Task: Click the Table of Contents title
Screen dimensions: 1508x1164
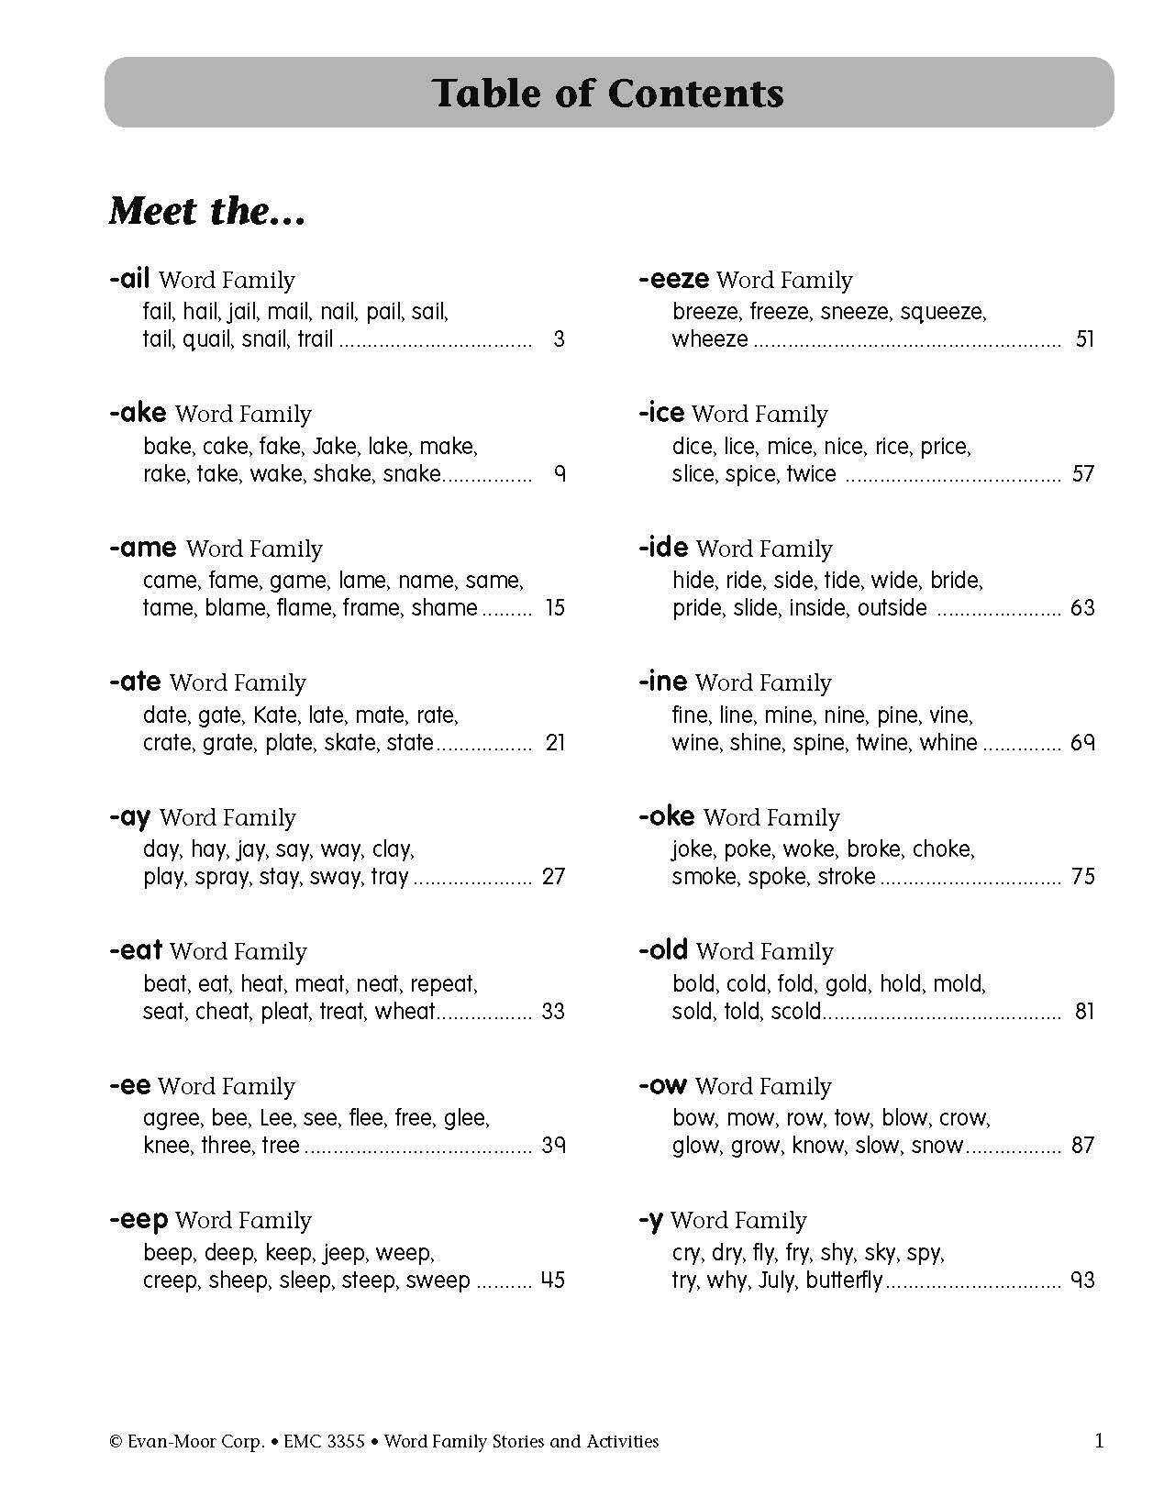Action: (x=608, y=93)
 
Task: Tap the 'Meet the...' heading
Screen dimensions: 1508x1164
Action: (x=206, y=211)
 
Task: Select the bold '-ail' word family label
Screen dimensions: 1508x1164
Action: (x=129, y=279)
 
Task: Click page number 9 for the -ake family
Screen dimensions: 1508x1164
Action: (x=559, y=474)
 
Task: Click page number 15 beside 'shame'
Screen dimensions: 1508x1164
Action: (x=555, y=608)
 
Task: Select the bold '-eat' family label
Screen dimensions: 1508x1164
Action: (x=136, y=951)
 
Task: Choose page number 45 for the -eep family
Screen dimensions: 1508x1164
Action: (x=553, y=1281)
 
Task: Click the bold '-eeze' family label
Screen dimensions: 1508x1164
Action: (x=673, y=279)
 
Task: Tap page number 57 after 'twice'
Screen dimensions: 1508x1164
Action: (x=1083, y=474)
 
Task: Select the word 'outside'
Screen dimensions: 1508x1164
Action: (x=892, y=608)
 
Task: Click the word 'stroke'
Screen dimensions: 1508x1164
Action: (x=845, y=877)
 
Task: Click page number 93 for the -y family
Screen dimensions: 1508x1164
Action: (x=1083, y=1281)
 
